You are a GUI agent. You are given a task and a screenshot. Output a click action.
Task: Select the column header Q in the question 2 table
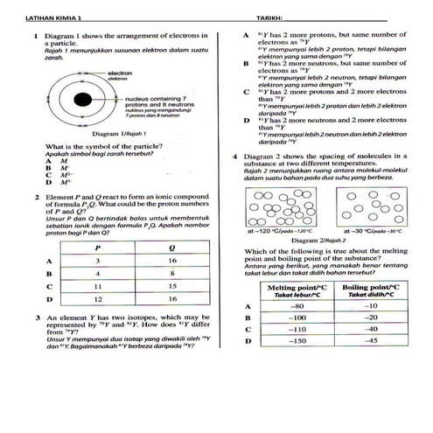tap(173, 248)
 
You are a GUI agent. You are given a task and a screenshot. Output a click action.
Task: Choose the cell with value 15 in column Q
tap(173, 286)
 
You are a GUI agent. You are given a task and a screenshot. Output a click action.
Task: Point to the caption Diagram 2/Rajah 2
tap(325, 239)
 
